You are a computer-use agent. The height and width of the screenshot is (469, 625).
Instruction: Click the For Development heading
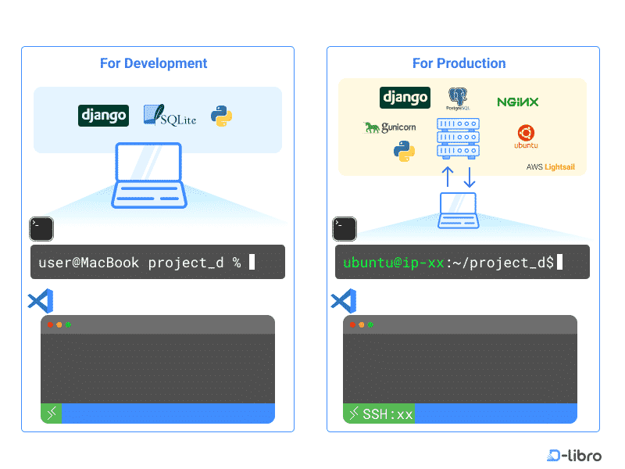pyautogui.click(x=154, y=63)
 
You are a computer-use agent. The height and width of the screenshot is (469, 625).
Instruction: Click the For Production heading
pyautogui.click(x=459, y=63)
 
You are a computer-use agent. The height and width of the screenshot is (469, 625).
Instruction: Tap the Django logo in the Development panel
pyautogui.click(x=103, y=116)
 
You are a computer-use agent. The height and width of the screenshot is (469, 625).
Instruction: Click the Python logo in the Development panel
pyautogui.click(x=221, y=116)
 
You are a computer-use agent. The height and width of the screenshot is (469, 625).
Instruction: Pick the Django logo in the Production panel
pyautogui.click(x=405, y=98)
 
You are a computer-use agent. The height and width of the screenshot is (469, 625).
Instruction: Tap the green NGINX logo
pyautogui.click(x=517, y=102)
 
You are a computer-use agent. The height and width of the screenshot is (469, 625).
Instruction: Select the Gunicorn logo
pyautogui.click(x=390, y=127)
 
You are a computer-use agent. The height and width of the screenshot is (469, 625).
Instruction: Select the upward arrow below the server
pyautogui.click(x=448, y=177)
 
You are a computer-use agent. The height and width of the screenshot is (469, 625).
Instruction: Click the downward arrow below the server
pyautogui.click(x=470, y=177)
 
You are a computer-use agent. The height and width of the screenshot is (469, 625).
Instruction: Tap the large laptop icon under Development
pyautogui.click(x=148, y=176)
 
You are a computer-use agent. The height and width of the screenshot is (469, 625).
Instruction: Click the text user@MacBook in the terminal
pyautogui.click(x=90, y=263)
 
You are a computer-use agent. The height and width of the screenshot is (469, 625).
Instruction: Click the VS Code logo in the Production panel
pyautogui.click(x=344, y=301)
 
